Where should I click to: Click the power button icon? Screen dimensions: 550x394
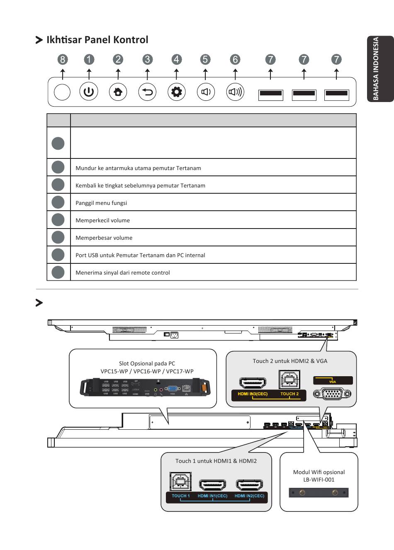click(89, 92)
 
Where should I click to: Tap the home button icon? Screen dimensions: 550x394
click(118, 92)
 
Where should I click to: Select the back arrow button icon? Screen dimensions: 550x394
click(147, 92)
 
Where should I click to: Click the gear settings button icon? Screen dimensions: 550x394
click(177, 92)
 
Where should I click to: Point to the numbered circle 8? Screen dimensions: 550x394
click(63, 59)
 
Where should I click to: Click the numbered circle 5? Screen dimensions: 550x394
click(205, 59)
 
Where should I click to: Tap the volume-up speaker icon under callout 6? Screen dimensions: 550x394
click(236, 92)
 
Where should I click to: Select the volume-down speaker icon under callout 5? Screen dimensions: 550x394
click(206, 92)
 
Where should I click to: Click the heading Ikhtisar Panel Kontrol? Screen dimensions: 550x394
click(97, 40)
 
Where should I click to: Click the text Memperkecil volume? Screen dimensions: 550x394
click(102, 220)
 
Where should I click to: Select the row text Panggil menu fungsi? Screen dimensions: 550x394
click(101, 203)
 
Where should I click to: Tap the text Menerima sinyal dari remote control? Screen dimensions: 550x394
click(122, 273)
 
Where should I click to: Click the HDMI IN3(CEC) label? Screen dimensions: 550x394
click(253, 394)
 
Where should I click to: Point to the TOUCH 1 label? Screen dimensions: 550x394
click(181, 496)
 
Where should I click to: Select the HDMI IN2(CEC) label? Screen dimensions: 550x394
click(249, 496)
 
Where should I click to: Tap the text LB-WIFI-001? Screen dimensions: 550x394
click(319, 479)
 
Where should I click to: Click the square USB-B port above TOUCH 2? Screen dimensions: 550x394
click(289, 379)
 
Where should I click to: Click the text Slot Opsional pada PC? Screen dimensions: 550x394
click(147, 363)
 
